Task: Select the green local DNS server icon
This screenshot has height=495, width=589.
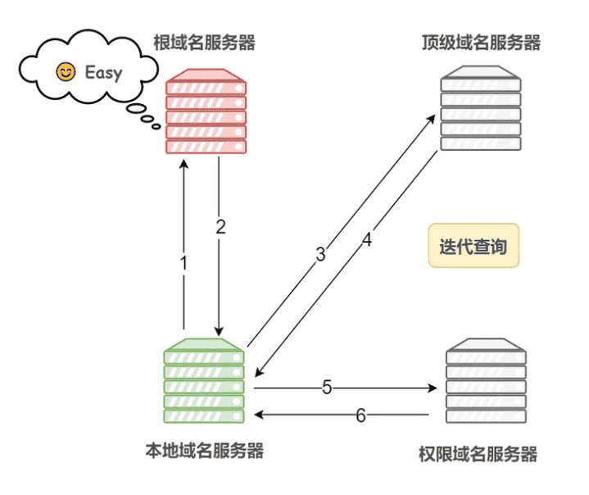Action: tap(205, 382)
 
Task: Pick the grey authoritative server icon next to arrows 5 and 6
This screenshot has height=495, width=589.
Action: tap(487, 382)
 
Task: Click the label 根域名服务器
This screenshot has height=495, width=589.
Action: tap(204, 43)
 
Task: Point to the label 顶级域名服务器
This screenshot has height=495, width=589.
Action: tap(481, 43)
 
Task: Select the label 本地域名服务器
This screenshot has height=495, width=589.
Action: tap(205, 450)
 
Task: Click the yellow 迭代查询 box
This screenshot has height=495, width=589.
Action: tap(473, 246)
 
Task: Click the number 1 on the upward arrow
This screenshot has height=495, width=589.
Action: tap(183, 263)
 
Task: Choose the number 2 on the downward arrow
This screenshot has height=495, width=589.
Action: tap(220, 228)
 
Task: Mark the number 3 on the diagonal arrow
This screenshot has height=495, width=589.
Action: tap(320, 254)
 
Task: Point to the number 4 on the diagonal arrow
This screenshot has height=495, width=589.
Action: tap(367, 240)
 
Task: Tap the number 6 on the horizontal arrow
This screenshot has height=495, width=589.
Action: tap(360, 415)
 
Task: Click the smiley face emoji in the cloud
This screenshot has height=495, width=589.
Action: tap(64, 72)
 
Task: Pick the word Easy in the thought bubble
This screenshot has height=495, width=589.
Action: tap(103, 73)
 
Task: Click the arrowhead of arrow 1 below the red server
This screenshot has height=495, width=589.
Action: tap(183, 163)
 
